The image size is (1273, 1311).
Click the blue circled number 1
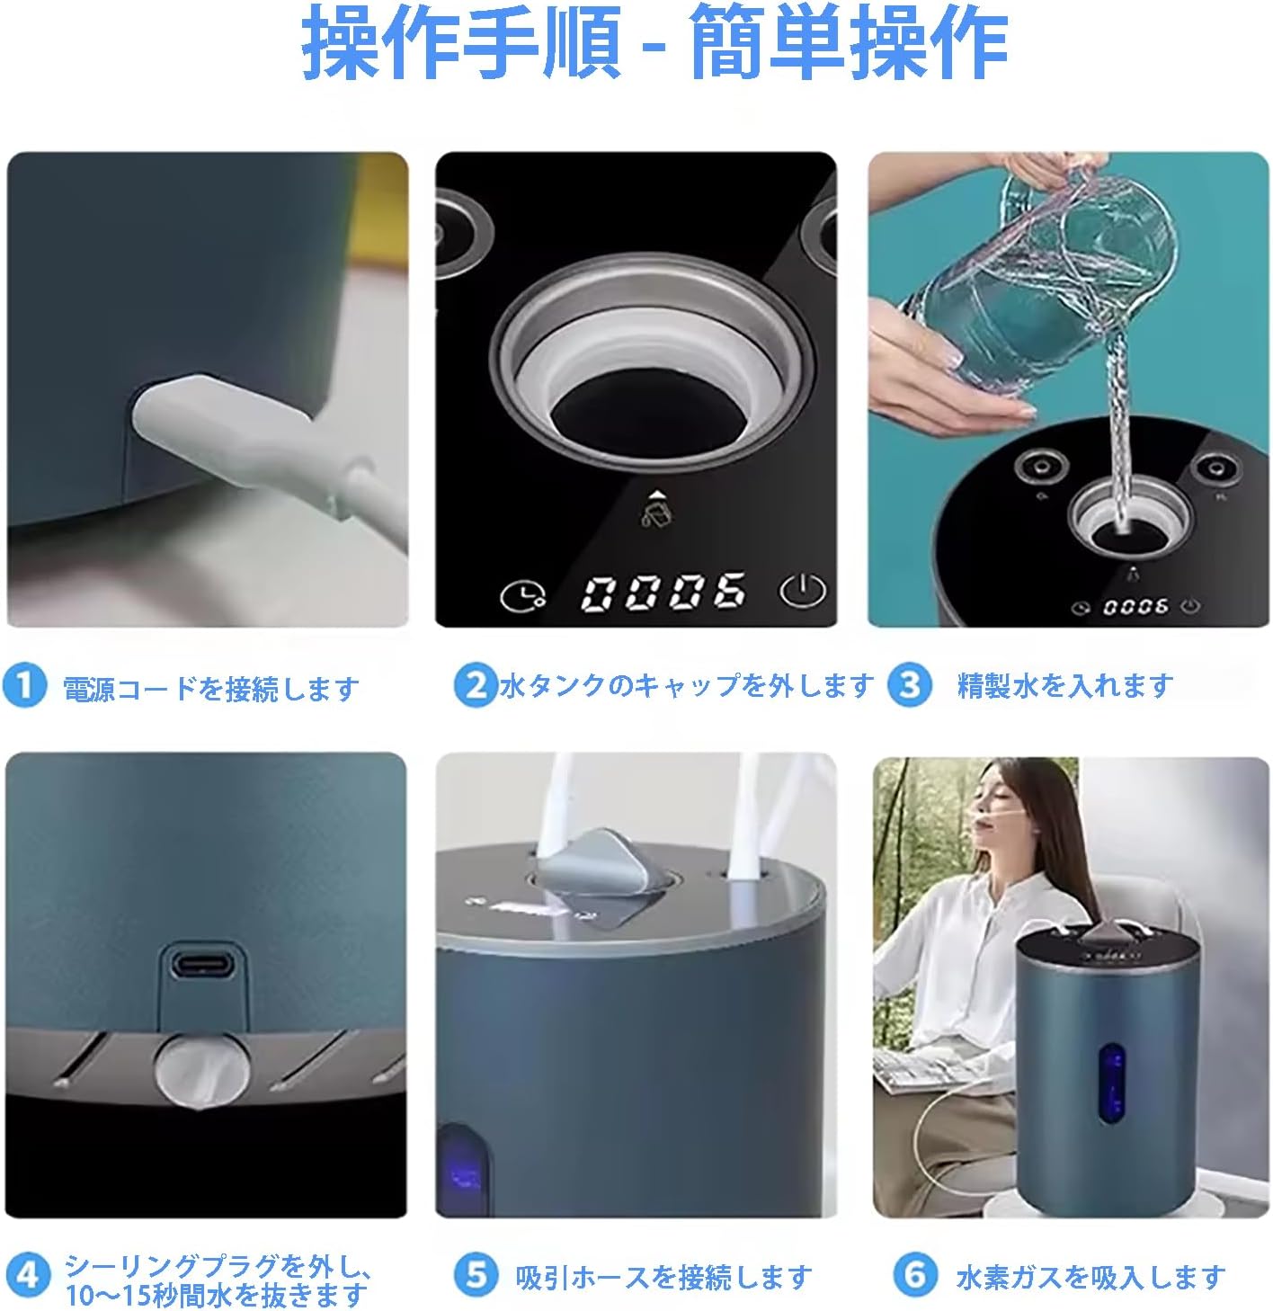pos(25,686)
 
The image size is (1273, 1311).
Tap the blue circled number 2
pos(476,686)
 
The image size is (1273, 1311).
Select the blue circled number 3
pos(909,686)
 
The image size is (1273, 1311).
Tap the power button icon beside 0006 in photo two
pos(802,592)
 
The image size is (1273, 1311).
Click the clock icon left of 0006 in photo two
pos(522,596)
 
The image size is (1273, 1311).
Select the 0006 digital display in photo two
pos(663,593)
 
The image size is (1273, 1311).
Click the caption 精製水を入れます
pos(1065,686)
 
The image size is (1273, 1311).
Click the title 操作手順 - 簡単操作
pos(654,41)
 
